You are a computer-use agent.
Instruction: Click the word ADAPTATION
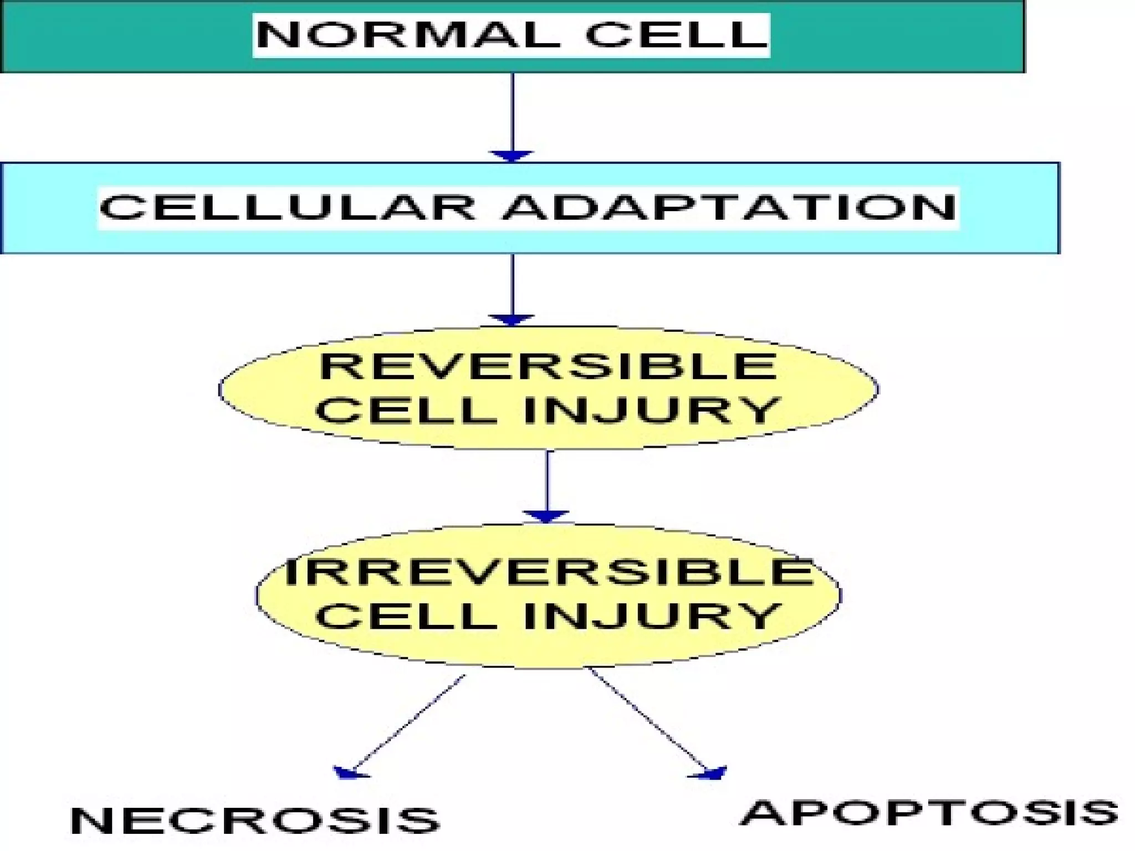728,207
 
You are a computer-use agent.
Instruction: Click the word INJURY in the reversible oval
651,411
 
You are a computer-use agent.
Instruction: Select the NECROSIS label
255,820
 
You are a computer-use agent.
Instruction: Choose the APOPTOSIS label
928,813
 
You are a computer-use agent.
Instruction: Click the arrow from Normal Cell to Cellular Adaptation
512,114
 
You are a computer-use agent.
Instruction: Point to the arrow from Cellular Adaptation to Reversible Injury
512,285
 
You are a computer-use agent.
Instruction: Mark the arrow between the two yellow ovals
547,482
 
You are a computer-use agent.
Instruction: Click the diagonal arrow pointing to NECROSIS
407,723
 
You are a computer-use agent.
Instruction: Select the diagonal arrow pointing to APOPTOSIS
648,720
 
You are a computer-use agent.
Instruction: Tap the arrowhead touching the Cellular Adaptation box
512,156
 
